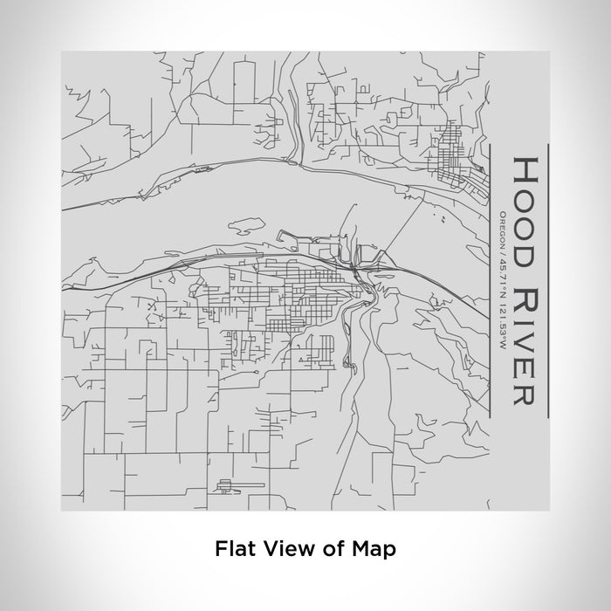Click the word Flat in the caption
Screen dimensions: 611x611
coord(232,549)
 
